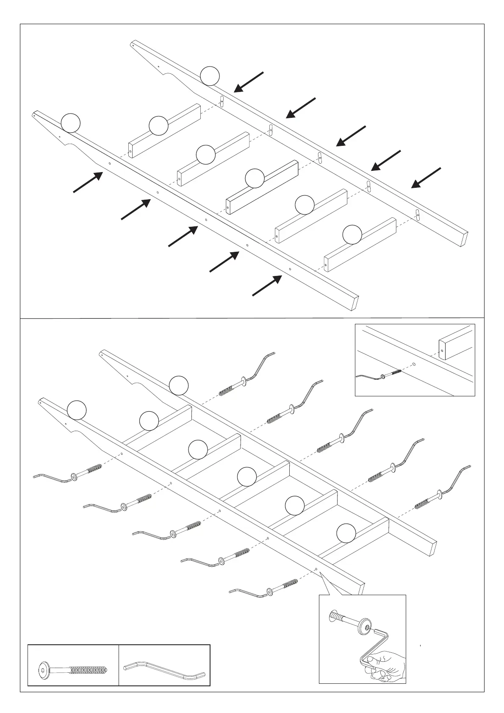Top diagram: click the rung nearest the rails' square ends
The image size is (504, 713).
click(360, 245)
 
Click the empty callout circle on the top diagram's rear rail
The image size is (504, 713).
click(210, 76)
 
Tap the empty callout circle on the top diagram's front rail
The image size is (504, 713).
click(70, 123)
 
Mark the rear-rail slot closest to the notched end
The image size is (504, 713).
click(222, 101)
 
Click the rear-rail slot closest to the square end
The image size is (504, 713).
click(418, 215)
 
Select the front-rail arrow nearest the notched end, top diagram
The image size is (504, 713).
click(89, 182)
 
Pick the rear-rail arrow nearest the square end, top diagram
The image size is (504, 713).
click(426, 178)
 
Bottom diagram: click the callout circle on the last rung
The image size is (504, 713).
click(346, 533)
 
